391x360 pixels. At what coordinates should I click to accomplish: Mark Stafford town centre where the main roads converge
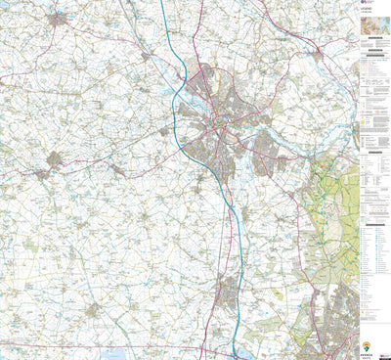[224, 125]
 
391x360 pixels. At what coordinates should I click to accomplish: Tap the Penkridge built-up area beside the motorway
[226, 291]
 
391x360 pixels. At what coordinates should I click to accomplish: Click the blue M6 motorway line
[181, 98]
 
